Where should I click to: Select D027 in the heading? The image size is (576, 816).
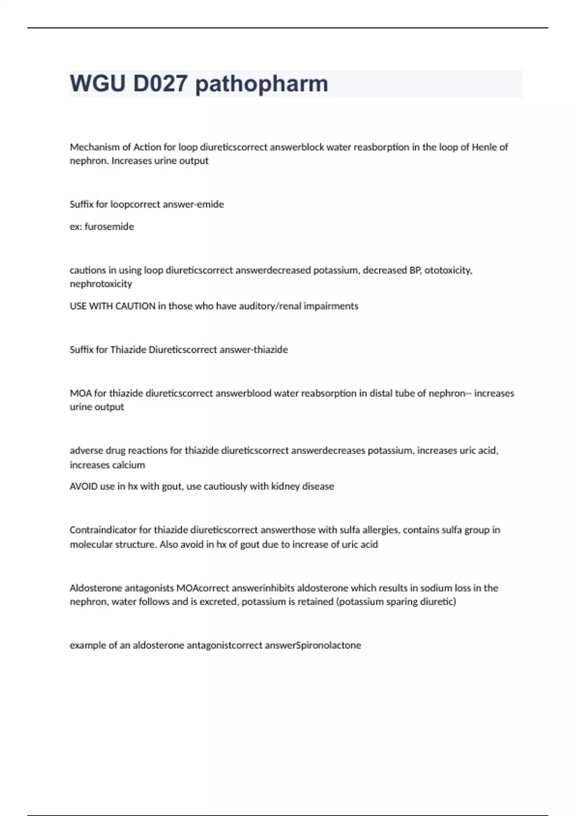[160, 84]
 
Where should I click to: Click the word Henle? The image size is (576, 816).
[484, 147]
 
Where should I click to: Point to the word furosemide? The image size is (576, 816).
[109, 227]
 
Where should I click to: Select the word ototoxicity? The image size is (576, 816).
[448, 270]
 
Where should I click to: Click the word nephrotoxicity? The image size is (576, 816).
[101, 284]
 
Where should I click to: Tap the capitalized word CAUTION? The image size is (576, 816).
[136, 306]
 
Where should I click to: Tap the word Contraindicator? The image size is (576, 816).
[103, 530]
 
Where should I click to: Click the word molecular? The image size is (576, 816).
[91, 544]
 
